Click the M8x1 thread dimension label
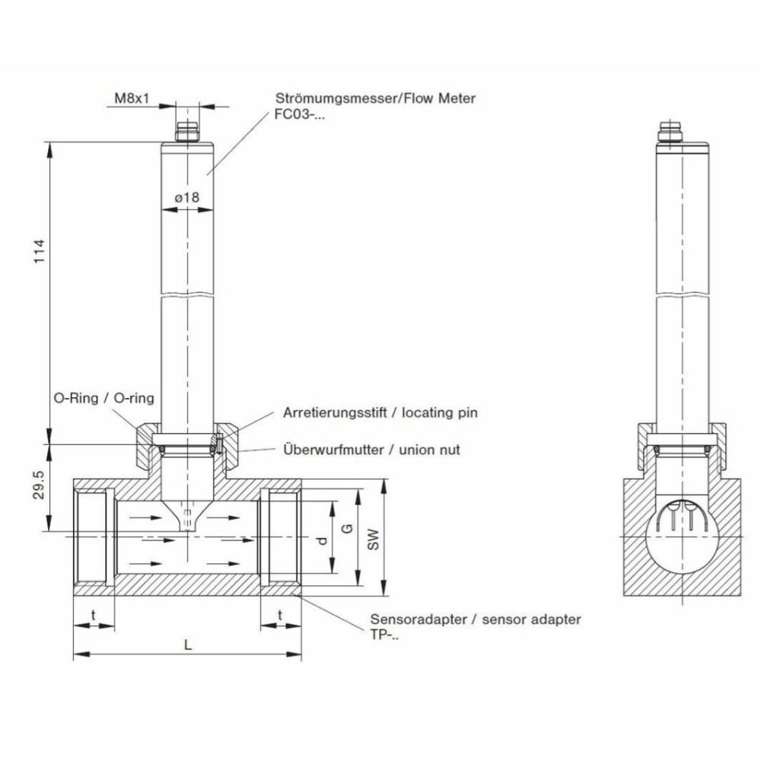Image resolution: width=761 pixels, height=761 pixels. pyautogui.click(x=131, y=99)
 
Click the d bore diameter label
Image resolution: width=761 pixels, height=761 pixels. pyautogui.click(x=321, y=541)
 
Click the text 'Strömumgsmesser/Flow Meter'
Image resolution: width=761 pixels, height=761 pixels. pyautogui.click(x=375, y=99)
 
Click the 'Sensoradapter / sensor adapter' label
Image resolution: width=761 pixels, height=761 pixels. pyautogui.click(x=475, y=619)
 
